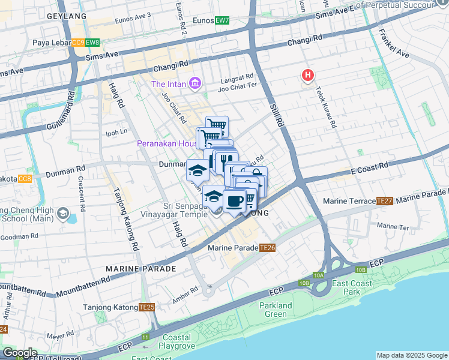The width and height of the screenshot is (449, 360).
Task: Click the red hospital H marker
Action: pos(308,76)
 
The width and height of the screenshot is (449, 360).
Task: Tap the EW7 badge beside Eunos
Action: pos(223,20)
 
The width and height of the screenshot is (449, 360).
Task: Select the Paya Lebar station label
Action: pos(51,43)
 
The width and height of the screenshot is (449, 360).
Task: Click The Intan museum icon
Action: pos(194,83)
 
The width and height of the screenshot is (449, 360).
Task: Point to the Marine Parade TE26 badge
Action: pos(268,248)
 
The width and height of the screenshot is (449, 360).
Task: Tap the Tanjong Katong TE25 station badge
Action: pos(146,307)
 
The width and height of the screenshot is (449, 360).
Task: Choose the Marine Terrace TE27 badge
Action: pos(385,201)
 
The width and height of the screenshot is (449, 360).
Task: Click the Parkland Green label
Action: pos(276,310)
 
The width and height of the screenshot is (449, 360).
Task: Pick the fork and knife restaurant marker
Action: pos(226,160)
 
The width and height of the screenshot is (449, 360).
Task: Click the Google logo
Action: pos(20,353)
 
